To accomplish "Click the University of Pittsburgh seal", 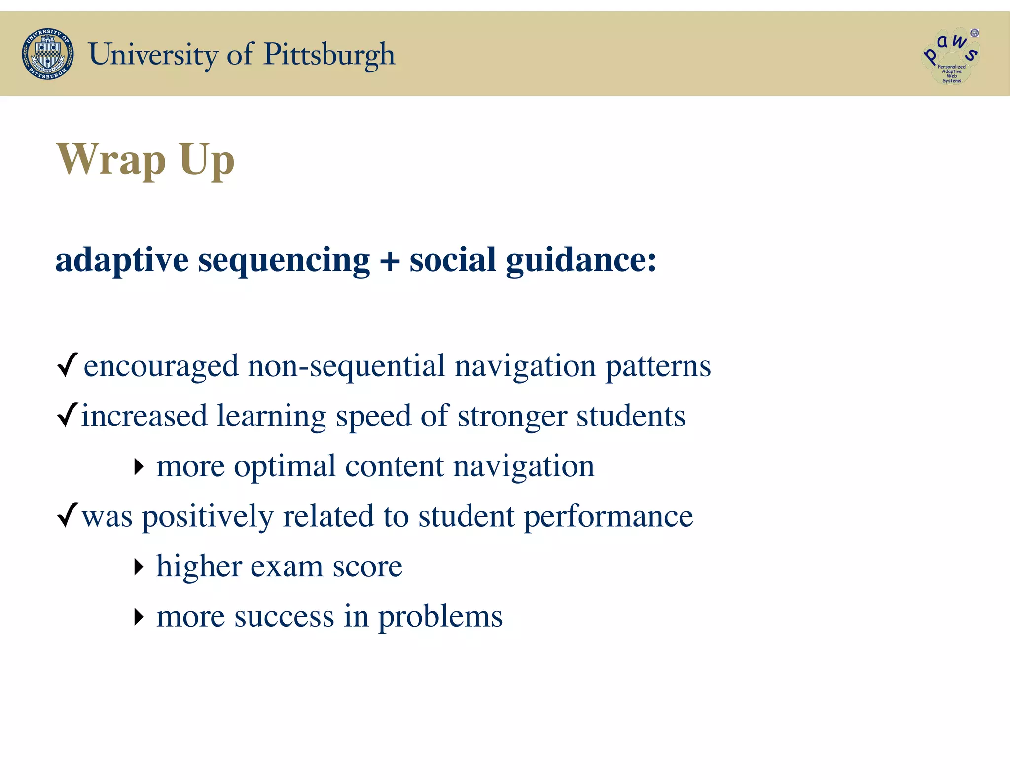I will coord(48,54).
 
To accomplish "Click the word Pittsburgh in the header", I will coord(329,55).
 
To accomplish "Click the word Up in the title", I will coord(207,160).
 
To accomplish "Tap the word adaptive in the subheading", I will coord(122,260).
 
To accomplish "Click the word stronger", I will coord(512,417).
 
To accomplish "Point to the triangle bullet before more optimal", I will coord(139,466).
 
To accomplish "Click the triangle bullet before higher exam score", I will coord(139,567).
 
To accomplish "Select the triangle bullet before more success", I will coord(139,617).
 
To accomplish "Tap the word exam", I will coord(287,567).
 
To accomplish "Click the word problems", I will coord(440,617).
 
